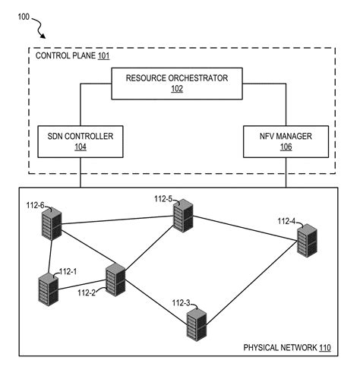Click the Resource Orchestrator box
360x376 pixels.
tap(176, 84)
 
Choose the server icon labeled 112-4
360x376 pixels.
tap(306, 242)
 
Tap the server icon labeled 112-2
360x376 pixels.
tap(115, 280)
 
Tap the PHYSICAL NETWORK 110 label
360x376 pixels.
tap(286, 347)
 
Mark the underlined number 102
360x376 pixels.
tap(176, 89)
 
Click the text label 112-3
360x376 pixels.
tap(182, 302)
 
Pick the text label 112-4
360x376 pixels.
tap(286, 221)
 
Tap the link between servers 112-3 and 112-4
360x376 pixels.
tap(251, 283)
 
